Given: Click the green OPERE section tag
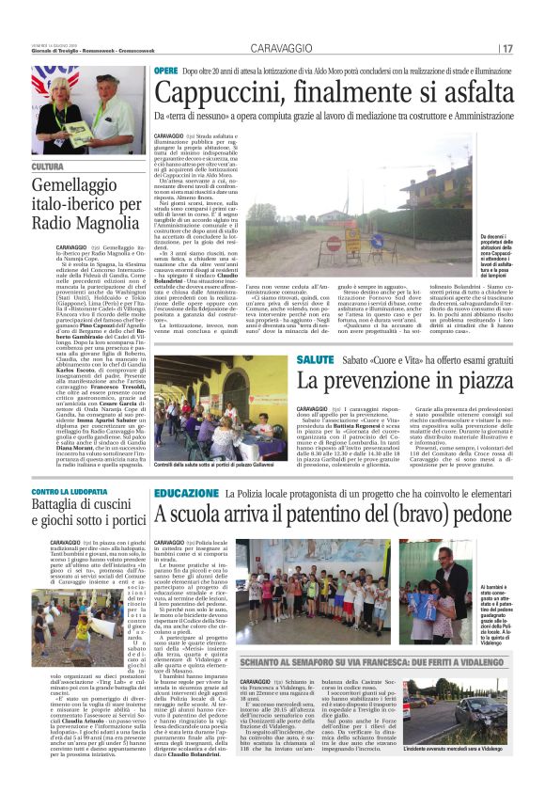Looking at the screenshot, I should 165,71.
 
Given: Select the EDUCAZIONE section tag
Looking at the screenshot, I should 186,493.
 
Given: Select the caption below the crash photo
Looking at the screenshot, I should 463,773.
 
